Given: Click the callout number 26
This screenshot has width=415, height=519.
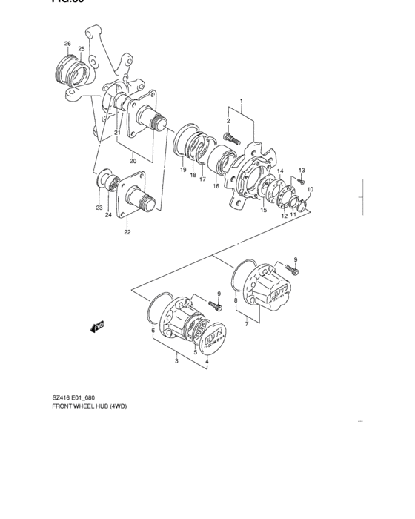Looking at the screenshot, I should tap(67, 44).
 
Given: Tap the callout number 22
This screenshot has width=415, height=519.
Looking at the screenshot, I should tap(127, 232).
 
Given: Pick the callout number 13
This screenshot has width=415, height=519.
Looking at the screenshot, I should tap(302, 171).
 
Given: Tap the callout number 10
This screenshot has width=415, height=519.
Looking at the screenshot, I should tap(311, 190).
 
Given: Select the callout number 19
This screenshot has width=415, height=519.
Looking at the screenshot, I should tap(182, 171).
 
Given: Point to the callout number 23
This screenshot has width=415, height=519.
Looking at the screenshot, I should tap(99, 208).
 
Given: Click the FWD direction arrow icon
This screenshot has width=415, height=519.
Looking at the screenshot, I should tap(97, 325).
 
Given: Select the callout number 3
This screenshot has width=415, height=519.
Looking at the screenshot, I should tap(176, 362).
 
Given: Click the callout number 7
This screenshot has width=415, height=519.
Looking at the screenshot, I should tap(245, 325).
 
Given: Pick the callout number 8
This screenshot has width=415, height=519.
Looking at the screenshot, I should tap(236, 300).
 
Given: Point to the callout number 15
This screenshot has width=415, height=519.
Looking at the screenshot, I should tap(263, 211).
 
